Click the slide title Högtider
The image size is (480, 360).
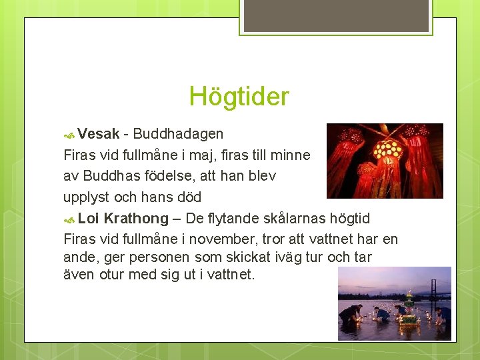(239, 97)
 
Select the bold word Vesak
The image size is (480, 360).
(98, 134)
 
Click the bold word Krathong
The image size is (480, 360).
(136, 219)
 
